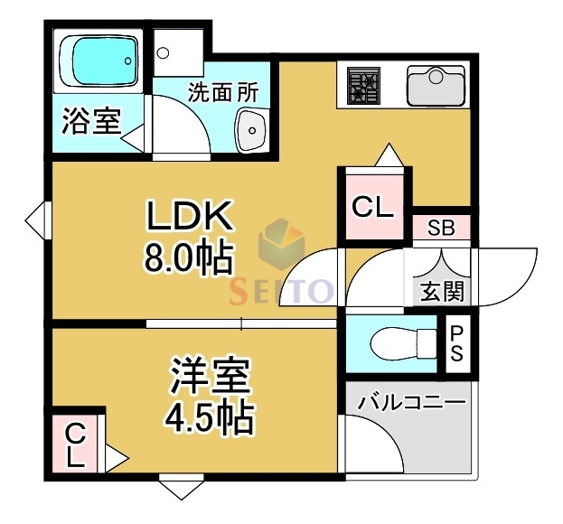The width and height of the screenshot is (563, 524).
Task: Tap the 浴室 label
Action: pos(91,122)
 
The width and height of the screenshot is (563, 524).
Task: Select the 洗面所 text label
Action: pos(222,92)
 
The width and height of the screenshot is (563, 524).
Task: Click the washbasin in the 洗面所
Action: pos(250,133)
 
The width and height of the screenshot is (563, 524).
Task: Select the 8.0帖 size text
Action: pos(189,259)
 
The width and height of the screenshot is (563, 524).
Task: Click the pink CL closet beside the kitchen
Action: pos(372,208)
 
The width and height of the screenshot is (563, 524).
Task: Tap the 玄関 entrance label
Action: pos(442,292)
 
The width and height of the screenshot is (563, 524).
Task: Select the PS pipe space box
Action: pos(456,343)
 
